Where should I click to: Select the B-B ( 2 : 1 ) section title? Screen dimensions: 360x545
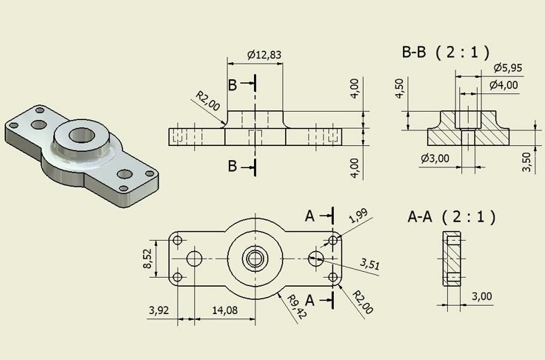[x=446, y=51]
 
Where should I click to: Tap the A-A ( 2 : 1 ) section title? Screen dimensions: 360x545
[x=451, y=217]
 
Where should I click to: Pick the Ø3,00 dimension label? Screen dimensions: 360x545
[x=435, y=158]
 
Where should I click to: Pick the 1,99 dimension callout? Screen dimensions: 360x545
[x=357, y=216]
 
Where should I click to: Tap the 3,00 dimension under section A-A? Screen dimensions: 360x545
[x=481, y=296]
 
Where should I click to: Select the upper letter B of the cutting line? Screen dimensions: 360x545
[x=233, y=86]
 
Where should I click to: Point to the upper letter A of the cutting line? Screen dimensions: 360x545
[x=312, y=216]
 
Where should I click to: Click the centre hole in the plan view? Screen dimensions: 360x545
[x=255, y=258]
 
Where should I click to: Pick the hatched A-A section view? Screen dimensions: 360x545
[x=451, y=259]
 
